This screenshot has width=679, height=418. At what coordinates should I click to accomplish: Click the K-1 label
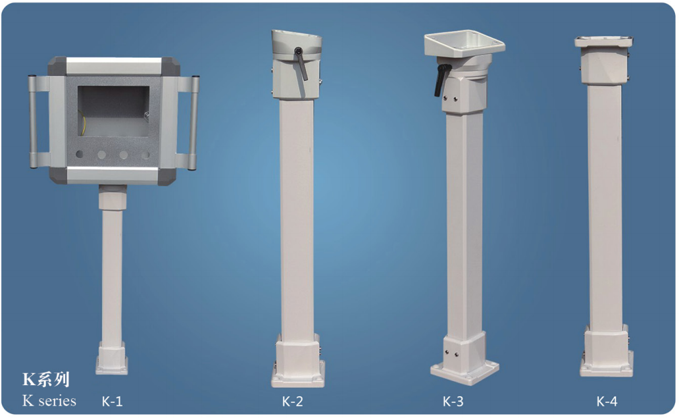click(x=112, y=401)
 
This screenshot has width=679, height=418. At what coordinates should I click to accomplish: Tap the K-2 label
click(x=292, y=401)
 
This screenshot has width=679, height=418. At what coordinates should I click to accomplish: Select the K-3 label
click(x=453, y=401)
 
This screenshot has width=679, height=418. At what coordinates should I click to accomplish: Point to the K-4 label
click(x=607, y=401)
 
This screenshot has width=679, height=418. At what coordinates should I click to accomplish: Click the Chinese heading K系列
click(x=46, y=379)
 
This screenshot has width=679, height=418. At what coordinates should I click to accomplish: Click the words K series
click(x=49, y=401)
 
